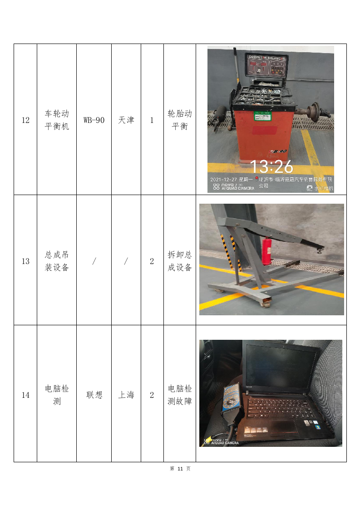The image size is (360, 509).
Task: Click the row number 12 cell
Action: (25, 120)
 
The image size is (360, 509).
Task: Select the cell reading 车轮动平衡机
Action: (57, 120)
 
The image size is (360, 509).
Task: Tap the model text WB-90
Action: (94, 120)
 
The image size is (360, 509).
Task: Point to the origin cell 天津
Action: (126, 120)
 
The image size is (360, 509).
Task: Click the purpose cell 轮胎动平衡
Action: (180, 120)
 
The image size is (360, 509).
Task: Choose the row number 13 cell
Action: (25, 261)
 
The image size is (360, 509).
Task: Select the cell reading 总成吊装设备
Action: (57, 261)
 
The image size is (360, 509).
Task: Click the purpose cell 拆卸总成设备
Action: (180, 261)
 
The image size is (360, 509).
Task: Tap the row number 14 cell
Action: (25, 395)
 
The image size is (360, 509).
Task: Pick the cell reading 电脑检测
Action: (57, 395)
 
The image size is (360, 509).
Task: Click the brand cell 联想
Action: (94, 395)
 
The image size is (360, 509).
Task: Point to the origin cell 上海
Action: (126, 395)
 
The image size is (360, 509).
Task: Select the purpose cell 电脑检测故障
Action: (180, 395)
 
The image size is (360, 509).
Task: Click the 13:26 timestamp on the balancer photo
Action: (271, 167)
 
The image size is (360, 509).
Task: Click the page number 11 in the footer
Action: (180, 469)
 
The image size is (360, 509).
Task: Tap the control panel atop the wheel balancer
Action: (266, 65)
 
